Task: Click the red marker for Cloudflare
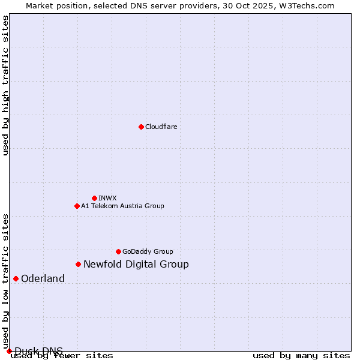coord(141,127)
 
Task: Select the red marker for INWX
coord(94,198)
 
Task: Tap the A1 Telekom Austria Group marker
coord(77,206)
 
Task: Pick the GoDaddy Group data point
coord(118,251)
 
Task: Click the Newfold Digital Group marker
coord(78,264)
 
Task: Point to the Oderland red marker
coord(16,278)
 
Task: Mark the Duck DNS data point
coord(9,351)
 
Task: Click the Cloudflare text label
coord(161,127)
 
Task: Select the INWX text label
coord(107,198)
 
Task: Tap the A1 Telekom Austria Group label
coord(122,206)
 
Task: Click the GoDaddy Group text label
coord(148,251)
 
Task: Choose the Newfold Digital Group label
coord(136,264)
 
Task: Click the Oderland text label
coord(43,278)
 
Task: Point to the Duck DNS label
coord(38,351)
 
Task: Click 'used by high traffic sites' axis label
coord(6,85)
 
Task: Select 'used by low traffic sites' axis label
coord(6,281)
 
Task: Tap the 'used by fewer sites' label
coord(62,355)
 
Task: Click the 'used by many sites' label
coord(301,355)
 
